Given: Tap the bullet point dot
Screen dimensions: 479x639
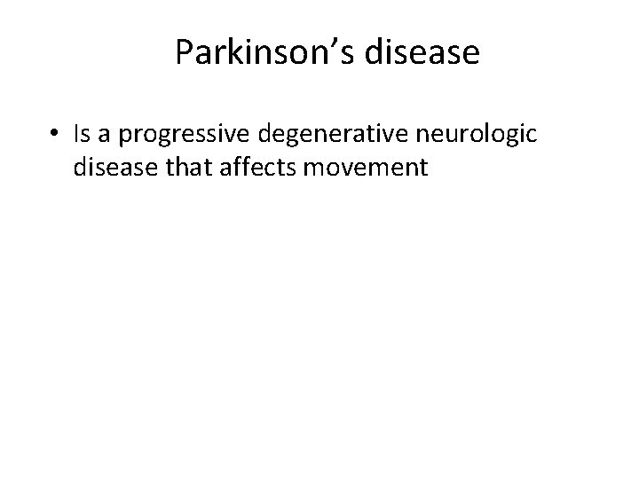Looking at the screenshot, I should [x=55, y=133].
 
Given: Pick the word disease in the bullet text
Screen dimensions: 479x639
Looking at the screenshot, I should [x=117, y=166].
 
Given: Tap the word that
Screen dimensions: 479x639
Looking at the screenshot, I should [x=191, y=166].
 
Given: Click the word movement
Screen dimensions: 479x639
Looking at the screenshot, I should [x=366, y=166].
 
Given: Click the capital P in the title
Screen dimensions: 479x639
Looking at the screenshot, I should [x=184, y=52].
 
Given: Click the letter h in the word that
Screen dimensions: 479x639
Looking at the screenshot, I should [x=185, y=165].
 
